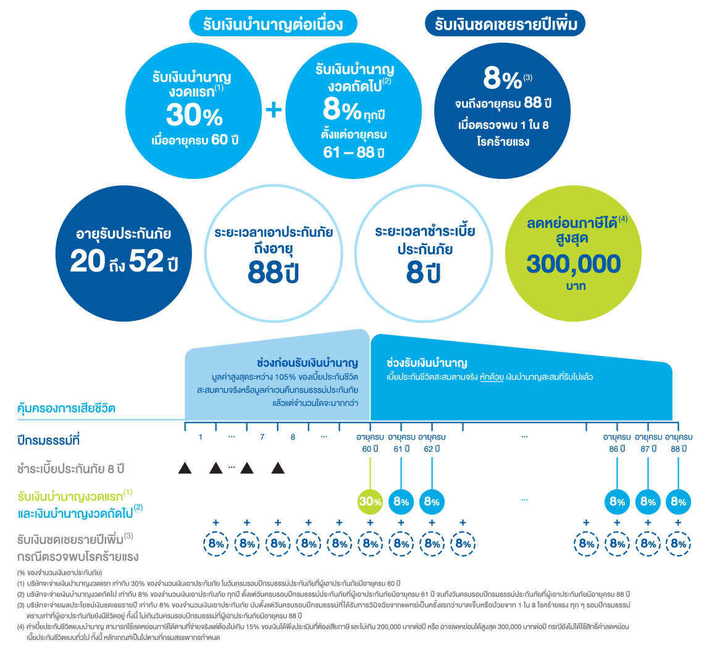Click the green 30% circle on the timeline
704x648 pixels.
pos(370,501)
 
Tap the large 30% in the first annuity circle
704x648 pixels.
pos(195,115)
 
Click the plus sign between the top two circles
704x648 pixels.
pos(274,110)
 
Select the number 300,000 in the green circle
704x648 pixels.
pos(573,264)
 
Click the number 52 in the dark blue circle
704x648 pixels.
pos(146,260)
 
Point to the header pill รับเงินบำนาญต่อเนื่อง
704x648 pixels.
pos(273,23)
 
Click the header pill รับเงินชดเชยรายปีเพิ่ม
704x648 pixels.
pos(505,23)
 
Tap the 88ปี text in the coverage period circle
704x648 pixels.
pos(273,272)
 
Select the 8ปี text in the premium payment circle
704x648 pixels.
pos(423,272)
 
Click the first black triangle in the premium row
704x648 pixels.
pos(185,468)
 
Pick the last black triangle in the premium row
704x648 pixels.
pos(278,468)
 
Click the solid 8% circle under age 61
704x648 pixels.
pos(401,501)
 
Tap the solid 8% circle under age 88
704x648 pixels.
pos(678,501)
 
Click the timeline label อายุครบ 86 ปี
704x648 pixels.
pos(617,443)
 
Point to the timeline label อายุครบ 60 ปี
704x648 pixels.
pos(370,443)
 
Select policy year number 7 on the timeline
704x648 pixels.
pos(262,437)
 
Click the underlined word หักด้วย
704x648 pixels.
pos(491,377)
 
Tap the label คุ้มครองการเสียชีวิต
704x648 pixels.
pos(66,409)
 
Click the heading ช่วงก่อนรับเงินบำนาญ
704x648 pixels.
pos(308,363)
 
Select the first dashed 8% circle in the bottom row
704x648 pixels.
pos(216,544)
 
